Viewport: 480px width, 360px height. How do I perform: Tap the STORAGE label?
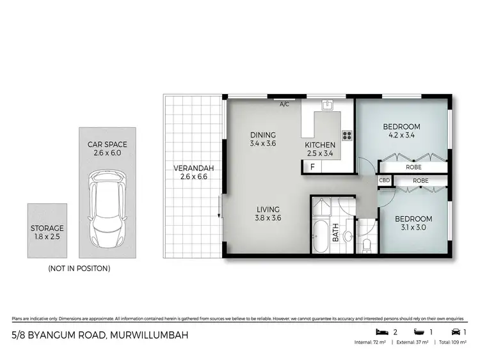[x=47, y=228]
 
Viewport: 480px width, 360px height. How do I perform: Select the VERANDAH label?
[x=193, y=169]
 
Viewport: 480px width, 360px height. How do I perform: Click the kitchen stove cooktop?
[x=348, y=135]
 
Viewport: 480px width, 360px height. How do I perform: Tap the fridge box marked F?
[x=312, y=167]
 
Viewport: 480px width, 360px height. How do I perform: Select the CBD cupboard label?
[x=385, y=181]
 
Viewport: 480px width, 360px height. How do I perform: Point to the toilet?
[x=367, y=244]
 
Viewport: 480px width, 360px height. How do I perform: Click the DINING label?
[x=263, y=135]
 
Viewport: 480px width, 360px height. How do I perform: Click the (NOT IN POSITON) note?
[x=79, y=269]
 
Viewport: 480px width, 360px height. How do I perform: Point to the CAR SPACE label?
[x=104, y=145]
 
